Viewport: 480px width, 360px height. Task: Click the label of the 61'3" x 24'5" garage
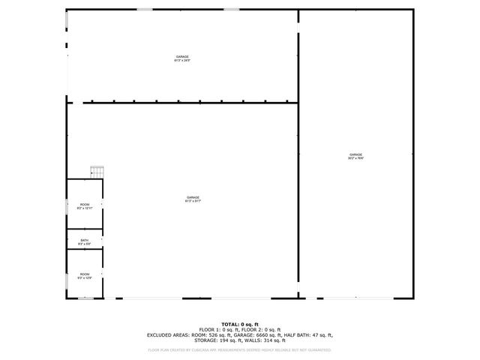pos(182,58)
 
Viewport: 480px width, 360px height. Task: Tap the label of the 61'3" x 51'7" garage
pos(193,199)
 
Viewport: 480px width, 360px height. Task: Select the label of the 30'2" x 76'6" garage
pos(355,156)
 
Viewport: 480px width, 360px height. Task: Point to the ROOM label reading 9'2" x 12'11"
pos(85,206)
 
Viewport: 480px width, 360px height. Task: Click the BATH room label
pos(84,242)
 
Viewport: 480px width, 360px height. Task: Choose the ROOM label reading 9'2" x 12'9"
pos(85,276)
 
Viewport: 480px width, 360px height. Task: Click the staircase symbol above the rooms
pos(97,172)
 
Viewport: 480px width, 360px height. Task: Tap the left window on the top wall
pos(145,9)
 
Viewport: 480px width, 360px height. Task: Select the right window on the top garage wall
pos(232,9)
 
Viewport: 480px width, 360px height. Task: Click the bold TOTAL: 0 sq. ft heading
pos(240,324)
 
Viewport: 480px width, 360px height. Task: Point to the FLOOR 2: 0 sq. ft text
pos(266,329)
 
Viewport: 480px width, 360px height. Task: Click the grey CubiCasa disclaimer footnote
pos(240,349)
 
